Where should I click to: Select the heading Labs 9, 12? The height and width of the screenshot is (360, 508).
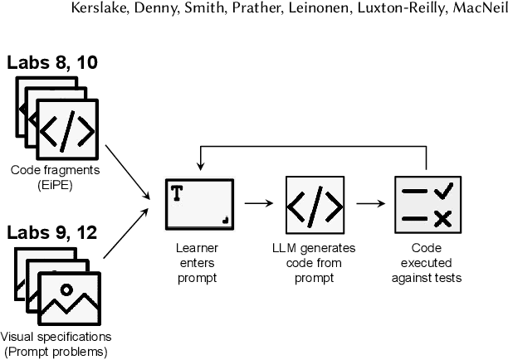pyautogui.click(x=51, y=231)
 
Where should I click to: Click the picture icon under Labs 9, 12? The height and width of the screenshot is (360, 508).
pyautogui.click(x=66, y=298)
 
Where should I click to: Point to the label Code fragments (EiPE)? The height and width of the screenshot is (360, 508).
pyautogui.click(x=53, y=177)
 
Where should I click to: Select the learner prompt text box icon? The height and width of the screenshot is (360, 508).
pyautogui.click(x=197, y=203)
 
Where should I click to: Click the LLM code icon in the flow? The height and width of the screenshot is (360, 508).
pyautogui.click(x=312, y=203)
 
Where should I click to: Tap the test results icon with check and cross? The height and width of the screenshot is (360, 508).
pyautogui.click(x=426, y=203)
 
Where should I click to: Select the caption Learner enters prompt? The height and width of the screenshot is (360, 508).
pyautogui.click(x=197, y=261)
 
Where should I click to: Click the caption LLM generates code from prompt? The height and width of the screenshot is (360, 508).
pyautogui.click(x=312, y=261)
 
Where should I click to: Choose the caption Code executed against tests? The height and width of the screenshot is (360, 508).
pyautogui.click(x=426, y=261)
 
